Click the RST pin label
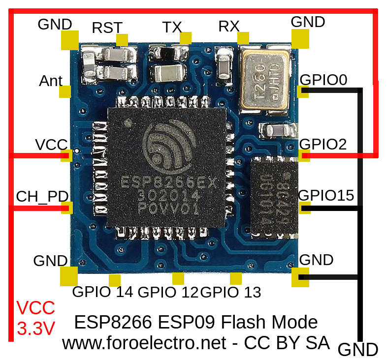(107, 28)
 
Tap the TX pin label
(172, 27)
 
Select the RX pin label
(229, 27)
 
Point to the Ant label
(51, 81)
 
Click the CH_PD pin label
(42, 196)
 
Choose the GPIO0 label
(323, 80)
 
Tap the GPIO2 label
(323, 144)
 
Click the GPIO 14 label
(102, 292)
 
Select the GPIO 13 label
(231, 292)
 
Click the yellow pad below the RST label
(122, 40)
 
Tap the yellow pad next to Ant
(65, 91)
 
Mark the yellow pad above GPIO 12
(178, 278)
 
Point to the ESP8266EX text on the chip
(169, 182)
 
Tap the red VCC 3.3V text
(35, 318)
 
